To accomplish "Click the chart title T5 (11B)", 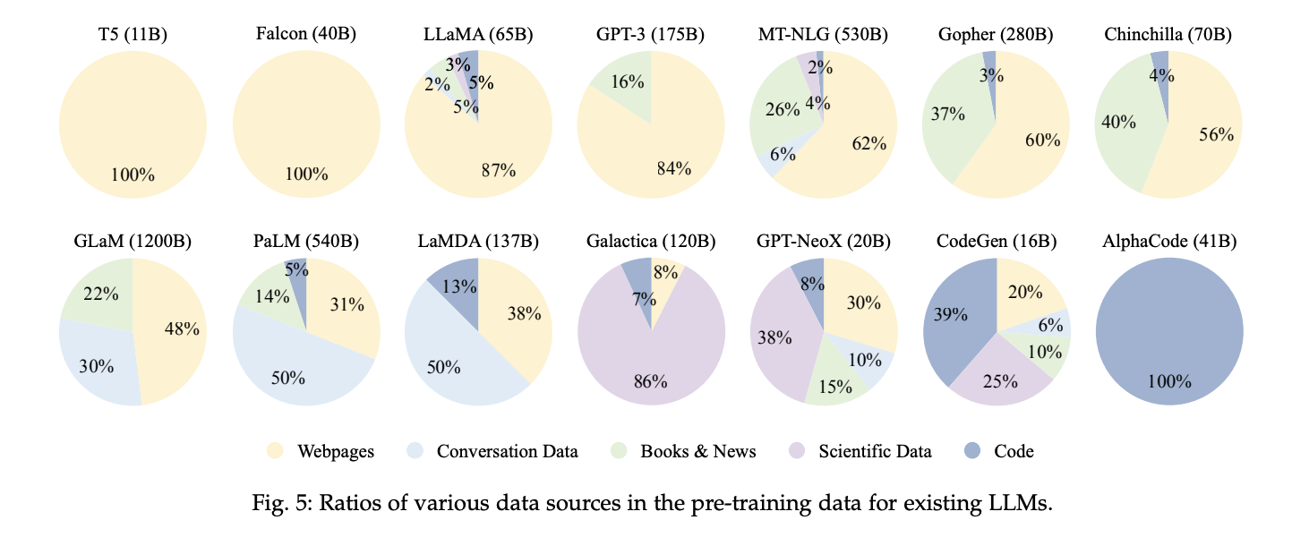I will [133, 35].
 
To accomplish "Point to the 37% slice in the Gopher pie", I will [947, 115].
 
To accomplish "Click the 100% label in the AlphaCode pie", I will [1169, 380].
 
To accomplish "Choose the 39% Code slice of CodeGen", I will [950, 314].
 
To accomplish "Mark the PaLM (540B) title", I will [306, 243].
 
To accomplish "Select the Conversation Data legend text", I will [507, 451].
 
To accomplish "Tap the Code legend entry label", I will [1014, 451].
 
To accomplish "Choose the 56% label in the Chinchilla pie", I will [1216, 135].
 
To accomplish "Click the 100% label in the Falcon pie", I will [306, 175].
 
